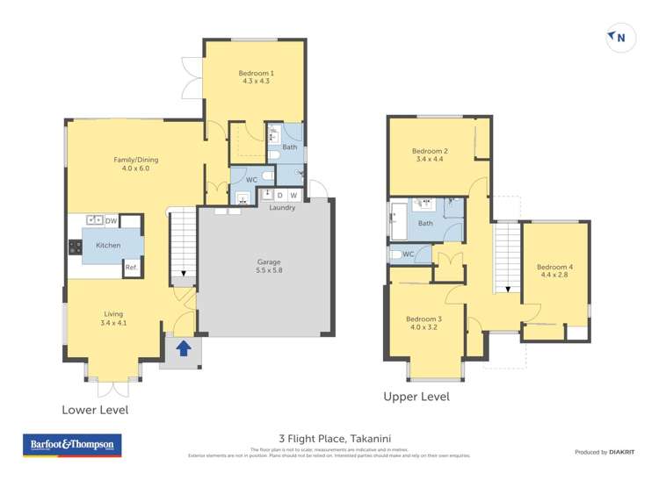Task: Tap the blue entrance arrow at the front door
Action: point(183,348)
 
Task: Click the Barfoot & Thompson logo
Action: point(72,445)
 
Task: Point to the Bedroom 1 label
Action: point(256,76)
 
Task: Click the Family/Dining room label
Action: point(136,164)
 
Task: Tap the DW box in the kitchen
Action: point(112,221)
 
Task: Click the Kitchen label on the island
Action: point(108,246)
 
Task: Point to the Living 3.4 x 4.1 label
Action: point(113,319)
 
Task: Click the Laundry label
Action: point(282,207)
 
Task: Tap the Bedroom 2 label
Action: point(430,155)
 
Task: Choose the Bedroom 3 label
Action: point(424,323)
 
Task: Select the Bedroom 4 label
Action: point(554,271)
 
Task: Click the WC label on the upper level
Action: point(408,254)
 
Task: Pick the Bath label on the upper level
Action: point(425,223)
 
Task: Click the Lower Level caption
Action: point(94,410)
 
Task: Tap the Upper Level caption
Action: point(416,397)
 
